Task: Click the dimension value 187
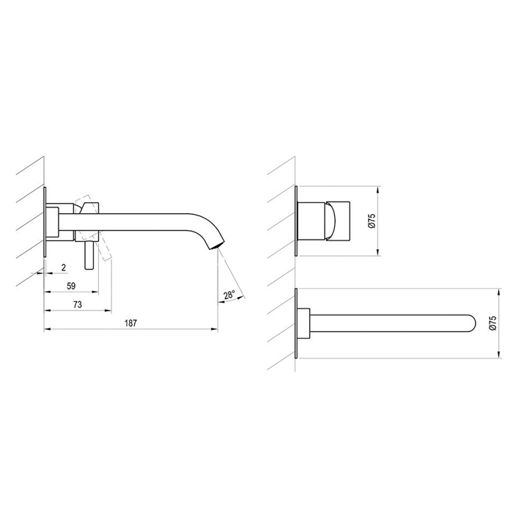coord(130,323)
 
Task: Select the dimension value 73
coord(78,305)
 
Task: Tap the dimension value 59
coord(71,286)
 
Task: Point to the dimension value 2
coord(64,267)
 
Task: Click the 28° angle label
coord(229,295)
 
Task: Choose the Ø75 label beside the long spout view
coord(492,323)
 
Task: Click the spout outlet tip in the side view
coord(217,246)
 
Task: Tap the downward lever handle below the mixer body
coord(89,256)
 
